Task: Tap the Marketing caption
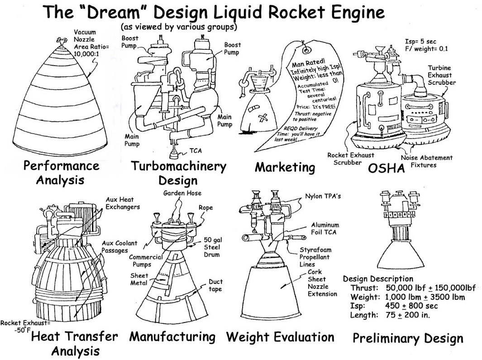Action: click(285, 167)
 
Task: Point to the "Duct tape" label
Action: click(215, 285)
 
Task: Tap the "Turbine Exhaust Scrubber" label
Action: click(441, 76)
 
